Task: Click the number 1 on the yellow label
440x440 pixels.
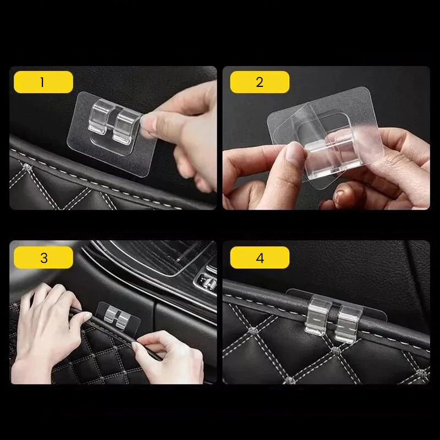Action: pos(42,82)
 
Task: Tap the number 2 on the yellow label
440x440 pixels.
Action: pos(260,82)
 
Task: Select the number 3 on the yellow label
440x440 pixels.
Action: pos(44,258)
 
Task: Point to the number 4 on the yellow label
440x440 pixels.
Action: pos(260,258)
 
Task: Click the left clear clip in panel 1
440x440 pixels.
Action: pos(101,117)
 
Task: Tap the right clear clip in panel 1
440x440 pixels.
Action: pos(127,127)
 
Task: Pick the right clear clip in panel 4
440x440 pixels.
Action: pos(348,323)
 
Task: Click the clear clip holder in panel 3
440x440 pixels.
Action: pos(117,318)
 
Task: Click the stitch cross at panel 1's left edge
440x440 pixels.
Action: pos(27,168)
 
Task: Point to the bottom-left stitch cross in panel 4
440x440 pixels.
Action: pos(290,380)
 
